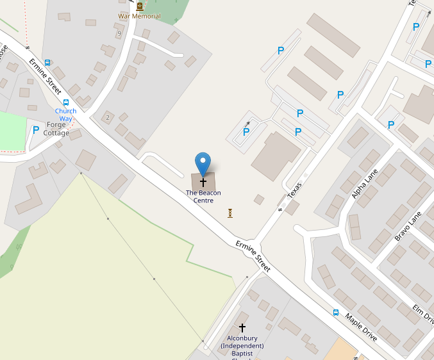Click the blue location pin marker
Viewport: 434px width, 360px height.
(203, 163)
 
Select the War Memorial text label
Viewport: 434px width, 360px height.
(139, 16)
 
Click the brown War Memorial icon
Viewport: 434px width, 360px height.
(140, 6)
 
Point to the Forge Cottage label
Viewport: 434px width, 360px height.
(56, 129)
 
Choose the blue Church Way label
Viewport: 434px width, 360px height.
(65, 115)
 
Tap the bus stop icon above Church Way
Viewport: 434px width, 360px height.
(65, 102)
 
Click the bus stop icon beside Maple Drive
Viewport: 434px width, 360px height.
(336, 313)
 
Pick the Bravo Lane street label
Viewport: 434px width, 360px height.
(408, 225)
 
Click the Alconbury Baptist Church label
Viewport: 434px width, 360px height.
(242, 346)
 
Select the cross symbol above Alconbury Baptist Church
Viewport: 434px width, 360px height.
(242, 327)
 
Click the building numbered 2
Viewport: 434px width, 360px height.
(108, 117)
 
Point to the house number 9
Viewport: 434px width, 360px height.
(119, 33)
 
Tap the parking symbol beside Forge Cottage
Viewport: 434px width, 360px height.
(36, 130)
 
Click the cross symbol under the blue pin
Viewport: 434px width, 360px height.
(203, 182)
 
